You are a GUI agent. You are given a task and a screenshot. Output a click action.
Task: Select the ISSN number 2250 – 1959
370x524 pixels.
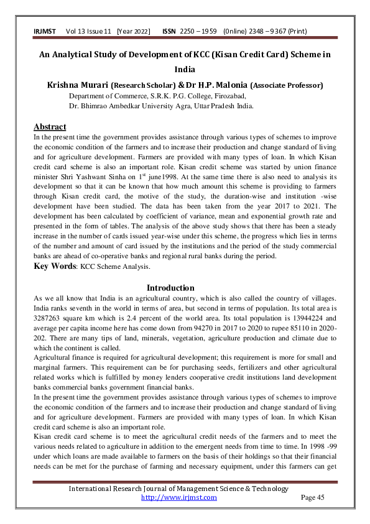pyautogui.click(x=198, y=32)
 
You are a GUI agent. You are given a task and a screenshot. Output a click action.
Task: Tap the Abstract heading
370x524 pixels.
pyautogui.click(x=50, y=127)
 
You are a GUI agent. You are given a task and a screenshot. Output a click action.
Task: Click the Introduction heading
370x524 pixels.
pyautogui.click(x=170, y=288)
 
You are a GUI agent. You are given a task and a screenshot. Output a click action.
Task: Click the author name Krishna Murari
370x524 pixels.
pyautogui.click(x=76, y=85)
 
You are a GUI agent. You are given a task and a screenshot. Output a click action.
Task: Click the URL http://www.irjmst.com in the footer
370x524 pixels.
pyautogui.click(x=179, y=498)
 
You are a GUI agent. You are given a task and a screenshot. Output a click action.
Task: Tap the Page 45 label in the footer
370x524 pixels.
pyautogui.click(x=313, y=498)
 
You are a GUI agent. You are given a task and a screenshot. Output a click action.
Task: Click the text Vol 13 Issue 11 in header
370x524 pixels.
pyautogui.click(x=90, y=32)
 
